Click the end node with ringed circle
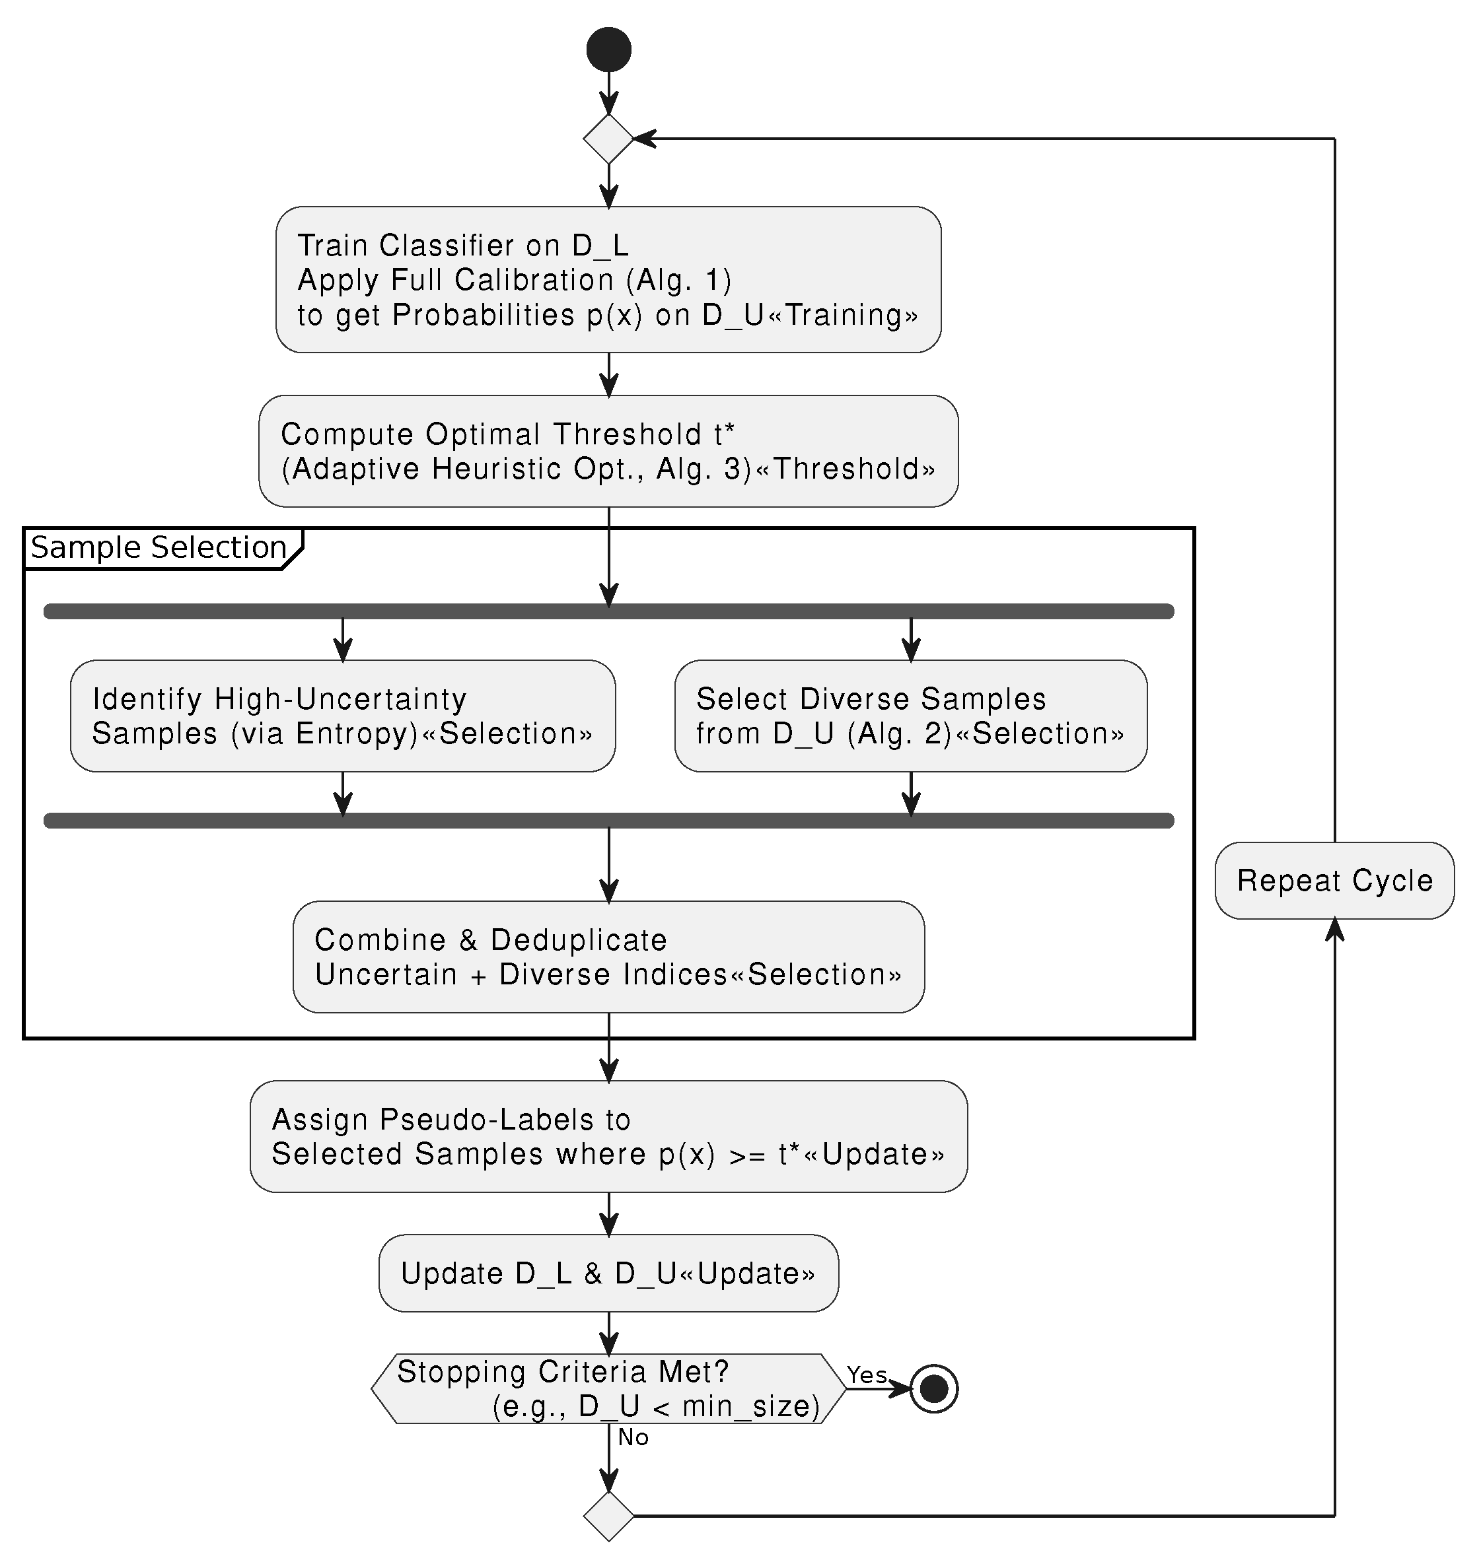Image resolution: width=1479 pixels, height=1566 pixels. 934,1388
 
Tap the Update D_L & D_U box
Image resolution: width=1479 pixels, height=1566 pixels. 608,1274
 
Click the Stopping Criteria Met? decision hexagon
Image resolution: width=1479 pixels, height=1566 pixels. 608,1388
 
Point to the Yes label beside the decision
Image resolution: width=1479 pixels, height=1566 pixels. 867,1375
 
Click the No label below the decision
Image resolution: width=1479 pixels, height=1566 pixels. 633,1437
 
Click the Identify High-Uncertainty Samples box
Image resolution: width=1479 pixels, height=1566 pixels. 342,716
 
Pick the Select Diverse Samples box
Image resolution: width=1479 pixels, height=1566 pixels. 910,716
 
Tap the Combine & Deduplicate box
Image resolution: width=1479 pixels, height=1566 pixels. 608,957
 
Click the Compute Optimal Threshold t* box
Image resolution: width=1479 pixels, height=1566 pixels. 608,451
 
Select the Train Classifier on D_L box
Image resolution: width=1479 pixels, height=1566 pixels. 608,279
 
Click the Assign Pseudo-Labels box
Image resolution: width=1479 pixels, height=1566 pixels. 608,1136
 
